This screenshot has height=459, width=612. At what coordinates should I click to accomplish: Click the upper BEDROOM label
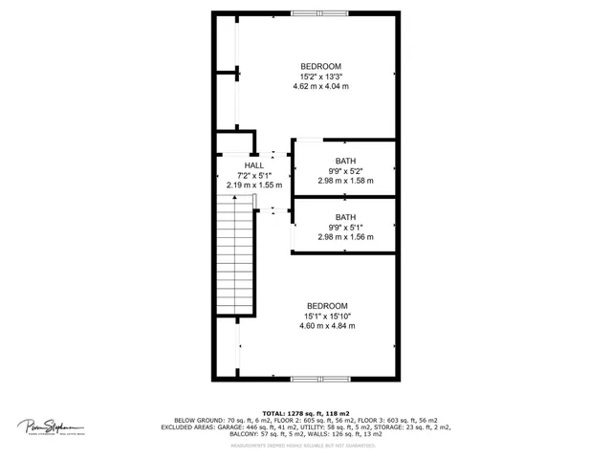click(321, 66)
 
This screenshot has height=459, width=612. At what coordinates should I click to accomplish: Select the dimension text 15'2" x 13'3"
click(321, 76)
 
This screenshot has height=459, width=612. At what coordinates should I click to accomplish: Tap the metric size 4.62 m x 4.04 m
click(321, 87)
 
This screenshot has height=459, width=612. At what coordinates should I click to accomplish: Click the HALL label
click(253, 165)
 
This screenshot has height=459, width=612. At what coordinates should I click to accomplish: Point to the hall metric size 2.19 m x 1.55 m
click(253, 186)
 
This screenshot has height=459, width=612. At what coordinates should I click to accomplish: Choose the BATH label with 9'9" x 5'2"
click(345, 161)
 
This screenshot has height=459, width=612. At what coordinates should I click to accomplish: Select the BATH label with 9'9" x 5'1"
click(345, 217)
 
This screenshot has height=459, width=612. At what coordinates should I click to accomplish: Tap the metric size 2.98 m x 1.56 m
click(345, 237)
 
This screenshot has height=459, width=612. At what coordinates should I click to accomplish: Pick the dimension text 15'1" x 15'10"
click(326, 316)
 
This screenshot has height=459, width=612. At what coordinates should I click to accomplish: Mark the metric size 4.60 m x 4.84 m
click(326, 326)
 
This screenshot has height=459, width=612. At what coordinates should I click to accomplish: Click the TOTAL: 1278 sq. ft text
click(305, 413)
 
